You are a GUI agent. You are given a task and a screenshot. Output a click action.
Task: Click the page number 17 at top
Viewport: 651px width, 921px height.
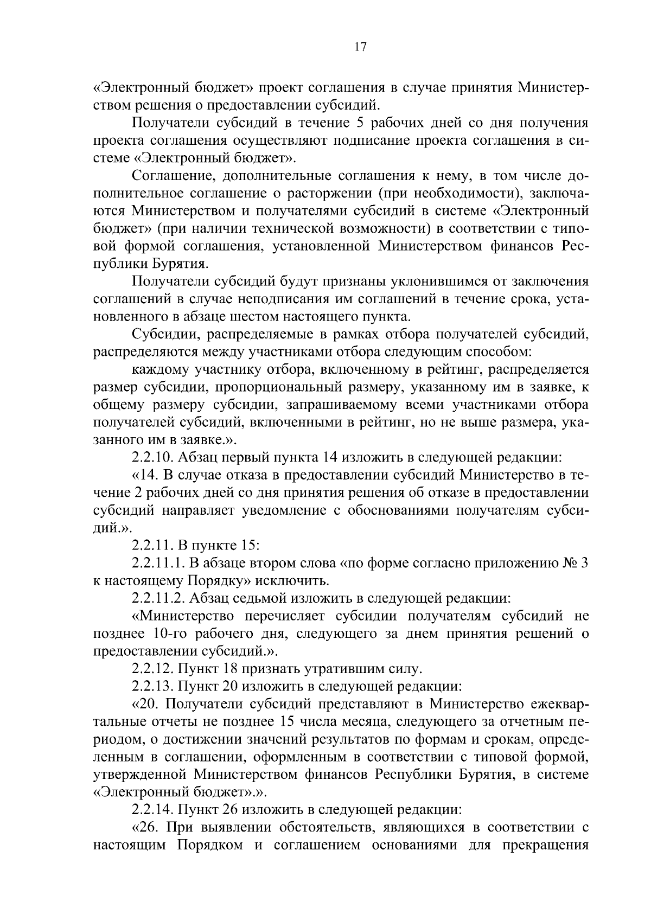coord(360,47)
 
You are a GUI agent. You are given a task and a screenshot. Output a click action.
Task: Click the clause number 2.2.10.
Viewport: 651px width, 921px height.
coord(151,457)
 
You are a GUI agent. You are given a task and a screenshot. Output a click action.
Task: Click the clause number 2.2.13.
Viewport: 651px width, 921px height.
coord(151,686)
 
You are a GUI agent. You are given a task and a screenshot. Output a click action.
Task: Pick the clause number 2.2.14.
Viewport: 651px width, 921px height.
coord(151,810)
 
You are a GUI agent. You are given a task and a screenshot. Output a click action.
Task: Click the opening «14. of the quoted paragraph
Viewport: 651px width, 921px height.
coord(144,475)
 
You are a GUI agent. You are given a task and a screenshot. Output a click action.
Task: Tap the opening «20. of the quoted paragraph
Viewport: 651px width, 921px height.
coord(145,704)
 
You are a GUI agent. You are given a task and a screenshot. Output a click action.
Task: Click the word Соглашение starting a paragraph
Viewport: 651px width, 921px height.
coord(168,176)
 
